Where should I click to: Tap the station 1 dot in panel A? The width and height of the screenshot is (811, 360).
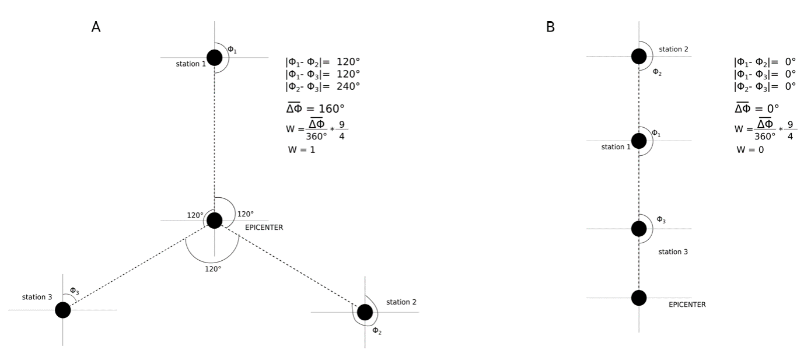tap(215, 57)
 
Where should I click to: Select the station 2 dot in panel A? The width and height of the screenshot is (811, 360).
tap(365, 312)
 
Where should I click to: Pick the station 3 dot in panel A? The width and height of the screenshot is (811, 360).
tap(63, 310)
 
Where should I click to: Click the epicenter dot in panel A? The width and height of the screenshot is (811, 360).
tap(215, 221)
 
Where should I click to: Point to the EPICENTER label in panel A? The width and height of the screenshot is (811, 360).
tap(264, 228)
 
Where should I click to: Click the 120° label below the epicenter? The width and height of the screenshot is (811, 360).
tap(212, 269)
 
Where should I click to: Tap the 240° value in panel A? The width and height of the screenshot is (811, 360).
tap(348, 86)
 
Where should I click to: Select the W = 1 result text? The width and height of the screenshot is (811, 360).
tap(302, 149)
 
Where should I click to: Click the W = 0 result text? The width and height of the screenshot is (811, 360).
tap(750, 149)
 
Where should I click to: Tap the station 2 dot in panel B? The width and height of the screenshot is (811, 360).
tap(639, 56)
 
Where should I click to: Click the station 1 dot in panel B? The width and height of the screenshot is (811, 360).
tap(639, 141)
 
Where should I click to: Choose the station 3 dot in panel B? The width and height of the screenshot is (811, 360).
tap(639, 228)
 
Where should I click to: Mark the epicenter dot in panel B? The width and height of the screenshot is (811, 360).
tap(639, 298)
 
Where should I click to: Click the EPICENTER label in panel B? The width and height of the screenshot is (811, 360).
tap(687, 305)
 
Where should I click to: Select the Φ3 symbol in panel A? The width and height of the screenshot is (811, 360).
tap(74, 291)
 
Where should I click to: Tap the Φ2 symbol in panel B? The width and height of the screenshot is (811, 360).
tap(657, 72)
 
